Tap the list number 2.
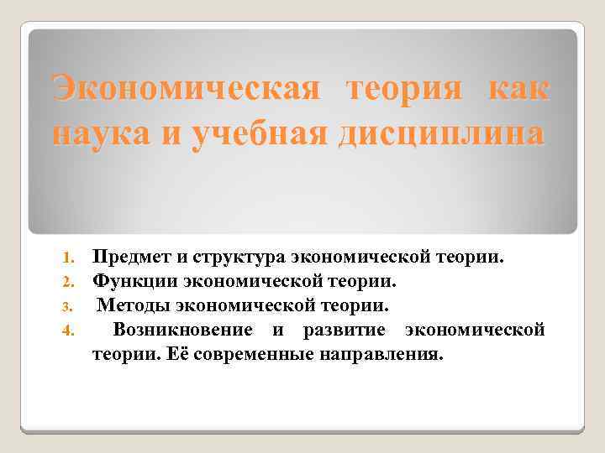[72, 279]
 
